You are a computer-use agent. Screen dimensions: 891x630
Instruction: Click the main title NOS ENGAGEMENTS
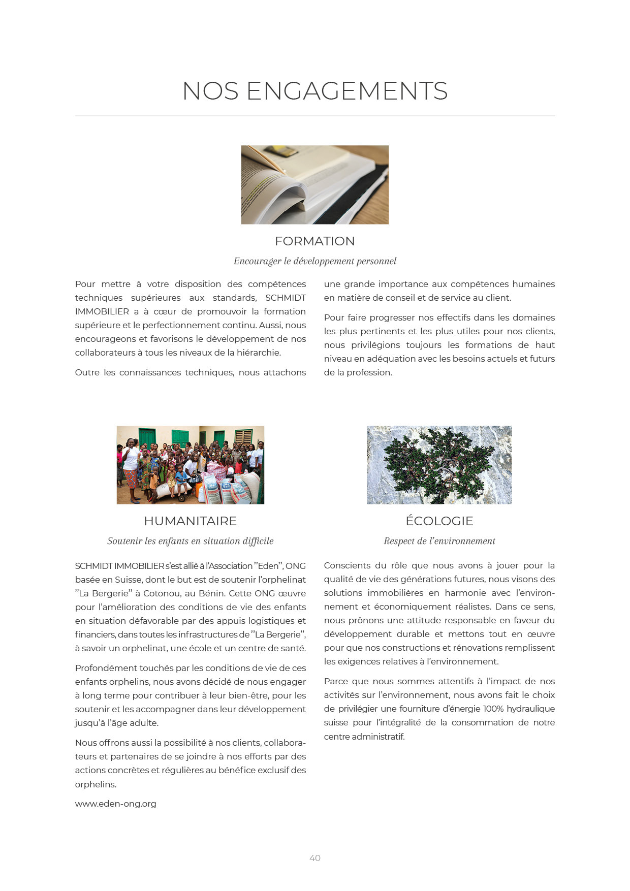315,91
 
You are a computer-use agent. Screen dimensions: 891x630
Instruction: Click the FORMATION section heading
315,241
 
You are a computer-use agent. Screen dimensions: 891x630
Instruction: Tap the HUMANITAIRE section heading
191,521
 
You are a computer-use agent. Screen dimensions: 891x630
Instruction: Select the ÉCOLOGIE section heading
439,521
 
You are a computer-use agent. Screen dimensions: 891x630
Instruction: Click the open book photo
315,185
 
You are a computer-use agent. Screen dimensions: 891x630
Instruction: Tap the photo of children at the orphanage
191,465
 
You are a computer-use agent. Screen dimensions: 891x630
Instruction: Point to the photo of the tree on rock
439,465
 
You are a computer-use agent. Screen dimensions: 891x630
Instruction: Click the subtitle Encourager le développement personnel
315,261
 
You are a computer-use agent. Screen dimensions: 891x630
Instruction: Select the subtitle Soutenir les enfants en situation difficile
191,541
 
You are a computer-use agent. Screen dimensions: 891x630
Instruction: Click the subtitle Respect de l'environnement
439,541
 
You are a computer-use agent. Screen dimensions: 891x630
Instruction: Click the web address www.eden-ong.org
116,804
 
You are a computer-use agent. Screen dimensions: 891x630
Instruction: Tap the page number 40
315,858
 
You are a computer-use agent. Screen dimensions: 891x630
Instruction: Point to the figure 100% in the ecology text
493,709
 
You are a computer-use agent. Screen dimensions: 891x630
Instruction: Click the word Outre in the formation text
87,372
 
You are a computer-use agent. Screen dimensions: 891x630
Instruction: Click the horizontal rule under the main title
315,116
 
